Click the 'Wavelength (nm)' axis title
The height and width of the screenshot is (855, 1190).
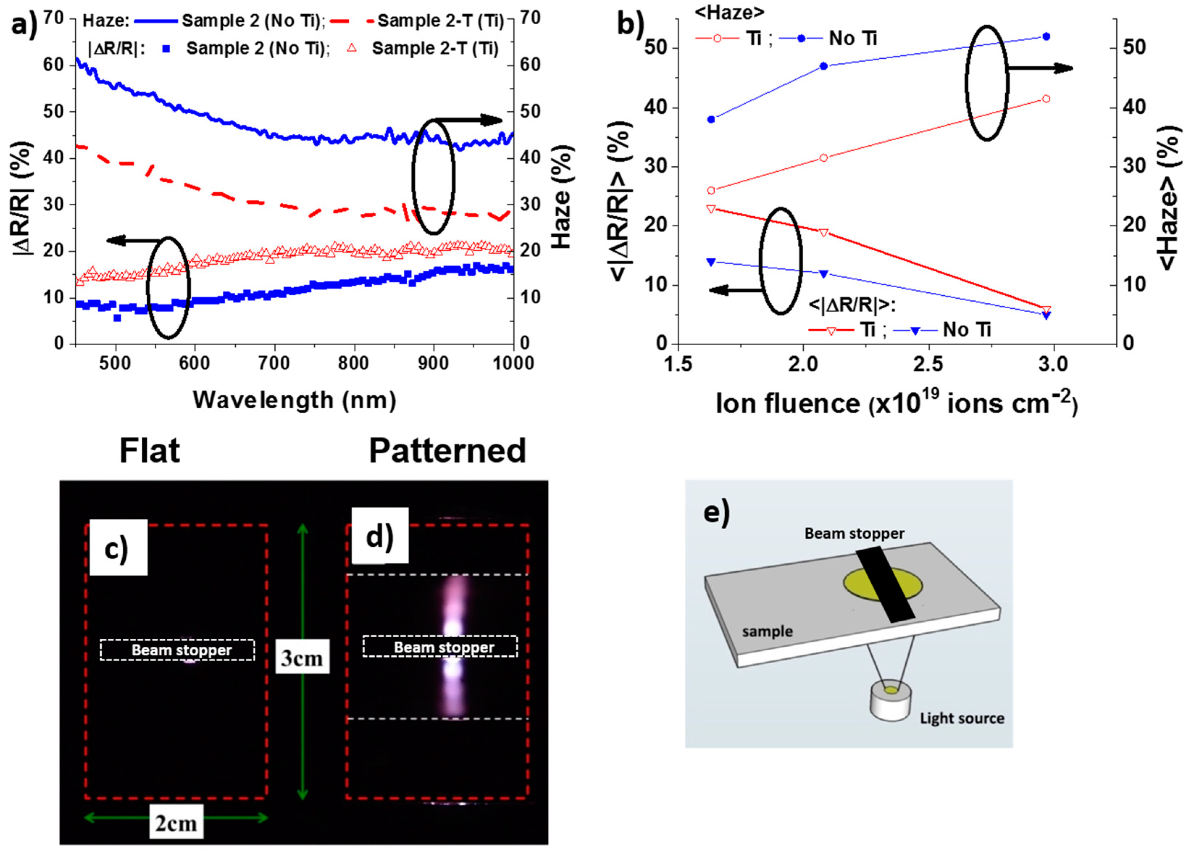[294, 400]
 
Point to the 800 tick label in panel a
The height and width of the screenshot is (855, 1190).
[354, 363]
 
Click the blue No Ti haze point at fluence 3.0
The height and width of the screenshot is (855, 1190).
[1046, 37]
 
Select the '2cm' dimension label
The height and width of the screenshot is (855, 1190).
[176, 823]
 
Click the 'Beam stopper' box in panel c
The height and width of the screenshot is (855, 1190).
[178, 650]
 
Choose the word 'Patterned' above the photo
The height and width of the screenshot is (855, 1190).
[447, 450]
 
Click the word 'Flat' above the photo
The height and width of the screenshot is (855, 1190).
[150, 450]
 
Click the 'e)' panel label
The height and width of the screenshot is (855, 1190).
[716, 512]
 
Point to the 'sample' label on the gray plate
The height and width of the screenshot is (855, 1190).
[767, 631]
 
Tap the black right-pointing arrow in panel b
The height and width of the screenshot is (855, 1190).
[1039, 68]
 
